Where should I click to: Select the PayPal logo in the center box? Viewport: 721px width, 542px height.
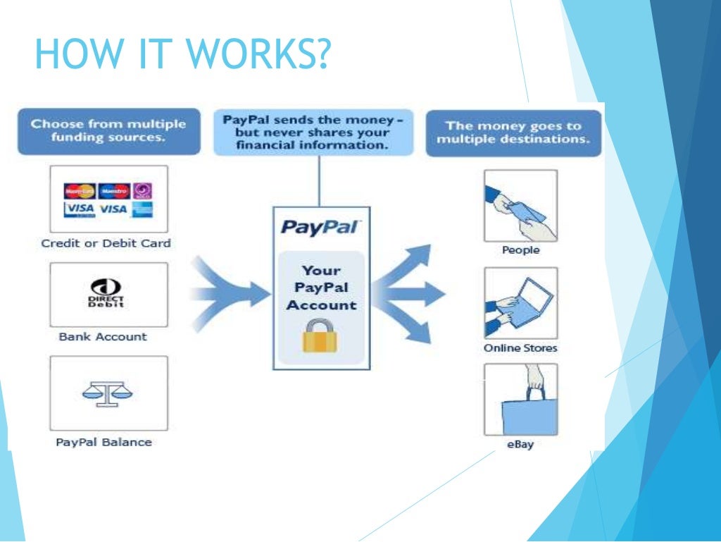[x=320, y=228]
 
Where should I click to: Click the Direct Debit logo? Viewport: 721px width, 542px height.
[x=108, y=293]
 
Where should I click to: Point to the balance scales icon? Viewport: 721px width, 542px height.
[x=108, y=392]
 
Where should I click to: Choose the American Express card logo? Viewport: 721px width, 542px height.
[x=142, y=209]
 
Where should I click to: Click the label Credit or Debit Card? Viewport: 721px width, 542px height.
[x=106, y=243]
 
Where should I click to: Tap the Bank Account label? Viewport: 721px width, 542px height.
[x=103, y=337]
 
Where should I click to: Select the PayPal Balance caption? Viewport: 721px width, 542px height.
[x=104, y=443]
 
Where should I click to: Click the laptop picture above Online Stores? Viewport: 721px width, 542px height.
[x=520, y=303]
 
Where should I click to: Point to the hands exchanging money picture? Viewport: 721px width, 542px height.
[x=520, y=205]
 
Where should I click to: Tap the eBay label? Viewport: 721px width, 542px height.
[x=520, y=445]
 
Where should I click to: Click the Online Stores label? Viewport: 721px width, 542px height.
[x=520, y=348]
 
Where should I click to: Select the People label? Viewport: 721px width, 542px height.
[x=520, y=250]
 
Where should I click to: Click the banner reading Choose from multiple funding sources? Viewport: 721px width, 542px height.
[x=108, y=130]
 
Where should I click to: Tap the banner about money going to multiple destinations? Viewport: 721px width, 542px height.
[x=513, y=133]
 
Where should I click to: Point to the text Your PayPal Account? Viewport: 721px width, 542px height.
[x=320, y=288]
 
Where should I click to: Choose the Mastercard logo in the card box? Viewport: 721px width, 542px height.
[x=80, y=191]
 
